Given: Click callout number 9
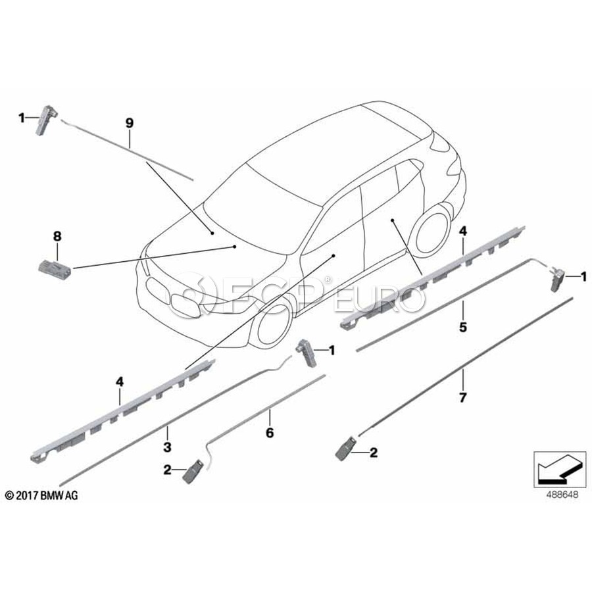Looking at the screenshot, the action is pyautogui.click(x=130, y=124).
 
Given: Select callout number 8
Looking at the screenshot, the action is pyautogui.click(x=57, y=237).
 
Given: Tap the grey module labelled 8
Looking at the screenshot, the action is pyautogui.click(x=55, y=266).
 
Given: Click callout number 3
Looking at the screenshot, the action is pyautogui.click(x=167, y=447).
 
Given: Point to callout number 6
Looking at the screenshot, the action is pyautogui.click(x=270, y=433).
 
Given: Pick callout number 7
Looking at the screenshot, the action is pyautogui.click(x=463, y=397).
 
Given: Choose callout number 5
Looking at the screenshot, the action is pyautogui.click(x=463, y=327).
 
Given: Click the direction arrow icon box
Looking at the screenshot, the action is pyautogui.click(x=560, y=469).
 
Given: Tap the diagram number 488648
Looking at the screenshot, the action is pyautogui.click(x=562, y=495).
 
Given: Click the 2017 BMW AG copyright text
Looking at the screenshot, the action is pyautogui.click(x=41, y=495).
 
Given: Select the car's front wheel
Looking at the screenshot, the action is pyautogui.click(x=274, y=324).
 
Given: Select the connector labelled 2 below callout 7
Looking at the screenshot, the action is pyautogui.click(x=345, y=448).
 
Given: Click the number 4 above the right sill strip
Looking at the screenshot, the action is pyautogui.click(x=463, y=231).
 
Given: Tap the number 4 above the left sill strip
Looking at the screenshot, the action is pyautogui.click(x=120, y=382).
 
